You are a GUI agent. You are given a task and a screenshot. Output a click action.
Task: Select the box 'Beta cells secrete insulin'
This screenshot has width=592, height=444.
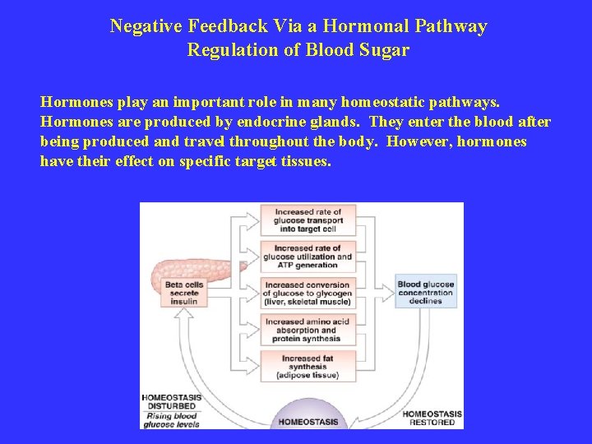pyautogui.click(x=184, y=294)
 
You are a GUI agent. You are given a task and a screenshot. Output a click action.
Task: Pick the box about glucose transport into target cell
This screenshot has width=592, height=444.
pyautogui.click(x=307, y=220)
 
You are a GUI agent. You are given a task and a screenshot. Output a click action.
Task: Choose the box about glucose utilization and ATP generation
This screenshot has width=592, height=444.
pyautogui.click(x=307, y=257)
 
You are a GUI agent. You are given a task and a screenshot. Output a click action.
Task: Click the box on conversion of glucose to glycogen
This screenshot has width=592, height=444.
pyautogui.click(x=307, y=293)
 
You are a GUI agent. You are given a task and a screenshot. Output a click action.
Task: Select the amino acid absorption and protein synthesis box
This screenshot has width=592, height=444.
pyautogui.click(x=307, y=329)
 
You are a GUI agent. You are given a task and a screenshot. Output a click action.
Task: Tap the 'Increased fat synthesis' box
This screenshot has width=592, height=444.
pyautogui.click(x=307, y=365)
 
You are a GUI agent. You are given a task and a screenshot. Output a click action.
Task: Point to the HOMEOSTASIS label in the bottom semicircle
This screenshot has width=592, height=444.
pyautogui.click(x=308, y=422)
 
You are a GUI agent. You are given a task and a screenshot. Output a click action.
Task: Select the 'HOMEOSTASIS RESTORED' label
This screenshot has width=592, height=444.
pyautogui.click(x=432, y=418)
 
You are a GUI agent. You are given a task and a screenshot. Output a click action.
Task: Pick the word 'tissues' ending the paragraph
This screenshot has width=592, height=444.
pyautogui.click(x=308, y=160)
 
